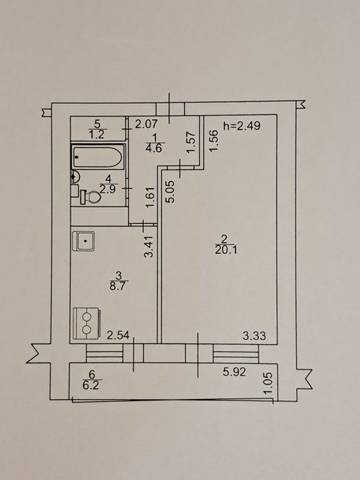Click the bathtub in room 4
pyautogui.click(x=98, y=156)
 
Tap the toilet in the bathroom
pyautogui.click(x=91, y=197)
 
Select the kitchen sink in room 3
pyautogui.click(x=84, y=241)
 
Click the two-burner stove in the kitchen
pyautogui.click(x=86, y=324)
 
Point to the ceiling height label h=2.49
pyautogui.click(x=241, y=125)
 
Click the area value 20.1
pyautogui.click(x=226, y=250)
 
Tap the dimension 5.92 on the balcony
pyautogui.click(x=235, y=372)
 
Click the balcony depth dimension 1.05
pyautogui.click(x=267, y=384)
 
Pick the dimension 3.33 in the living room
pyautogui.click(x=254, y=336)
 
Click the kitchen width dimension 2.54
pyautogui.click(x=118, y=335)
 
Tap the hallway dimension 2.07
pyautogui.click(x=146, y=124)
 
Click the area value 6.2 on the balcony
pyautogui.click(x=91, y=385)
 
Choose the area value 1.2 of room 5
pyautogui.click(x=97, y=134)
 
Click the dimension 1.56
pyautogui.click(x=213, y=141)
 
